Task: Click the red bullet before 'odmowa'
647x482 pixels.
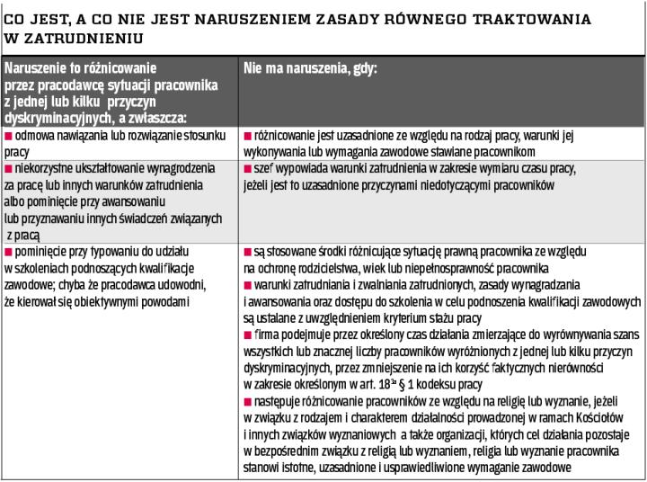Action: click(8, 135)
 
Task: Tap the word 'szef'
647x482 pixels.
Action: click(262, 168)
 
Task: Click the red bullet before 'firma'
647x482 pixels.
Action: click(247, 335)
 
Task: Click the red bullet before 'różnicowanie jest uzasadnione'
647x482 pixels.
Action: click(247, 135)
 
